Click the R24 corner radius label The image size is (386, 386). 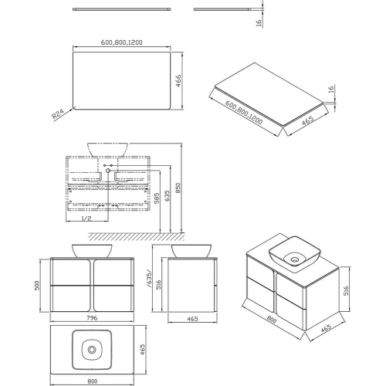pyautogui.click(x=58, y=114)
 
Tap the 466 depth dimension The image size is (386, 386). pyautogui.click(x=178, y=80)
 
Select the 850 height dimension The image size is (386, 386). pyautogui.click(x=178, y=188)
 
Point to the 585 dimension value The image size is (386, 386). pyautogui.click(x=157, y=198)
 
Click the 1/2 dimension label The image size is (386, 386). pyautogui.click(x=86, y=218)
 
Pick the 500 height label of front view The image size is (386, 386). pyautogui.click(x=37, y=286)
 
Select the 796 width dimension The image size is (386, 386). pyautogui.click(x=92, y=318)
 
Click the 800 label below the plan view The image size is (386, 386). pyautogui.click(x=93, y=381)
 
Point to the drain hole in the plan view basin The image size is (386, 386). pyautogui.click(x=92, y=350)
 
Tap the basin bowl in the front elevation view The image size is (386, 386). pyautogui.click(x=92, y=251)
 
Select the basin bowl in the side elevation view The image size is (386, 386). pyautogui.click(x=191, y=251)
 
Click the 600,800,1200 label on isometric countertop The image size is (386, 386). pyautogui.click(x=244, y=113)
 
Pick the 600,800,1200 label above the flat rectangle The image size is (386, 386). pyautogui.click(x=121, y=42)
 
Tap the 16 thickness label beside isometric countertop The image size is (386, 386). pyautogui.click(x=331, y=88)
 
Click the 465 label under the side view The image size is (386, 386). pyautogui.click(x=192, y=319)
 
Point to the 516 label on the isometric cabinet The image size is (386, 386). pyautogui.click(x=346, y=290)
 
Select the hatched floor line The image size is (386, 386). pyautogui.click(x=137, y=236)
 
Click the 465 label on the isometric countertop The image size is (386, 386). pyautogui.click(x=307, y=120)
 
